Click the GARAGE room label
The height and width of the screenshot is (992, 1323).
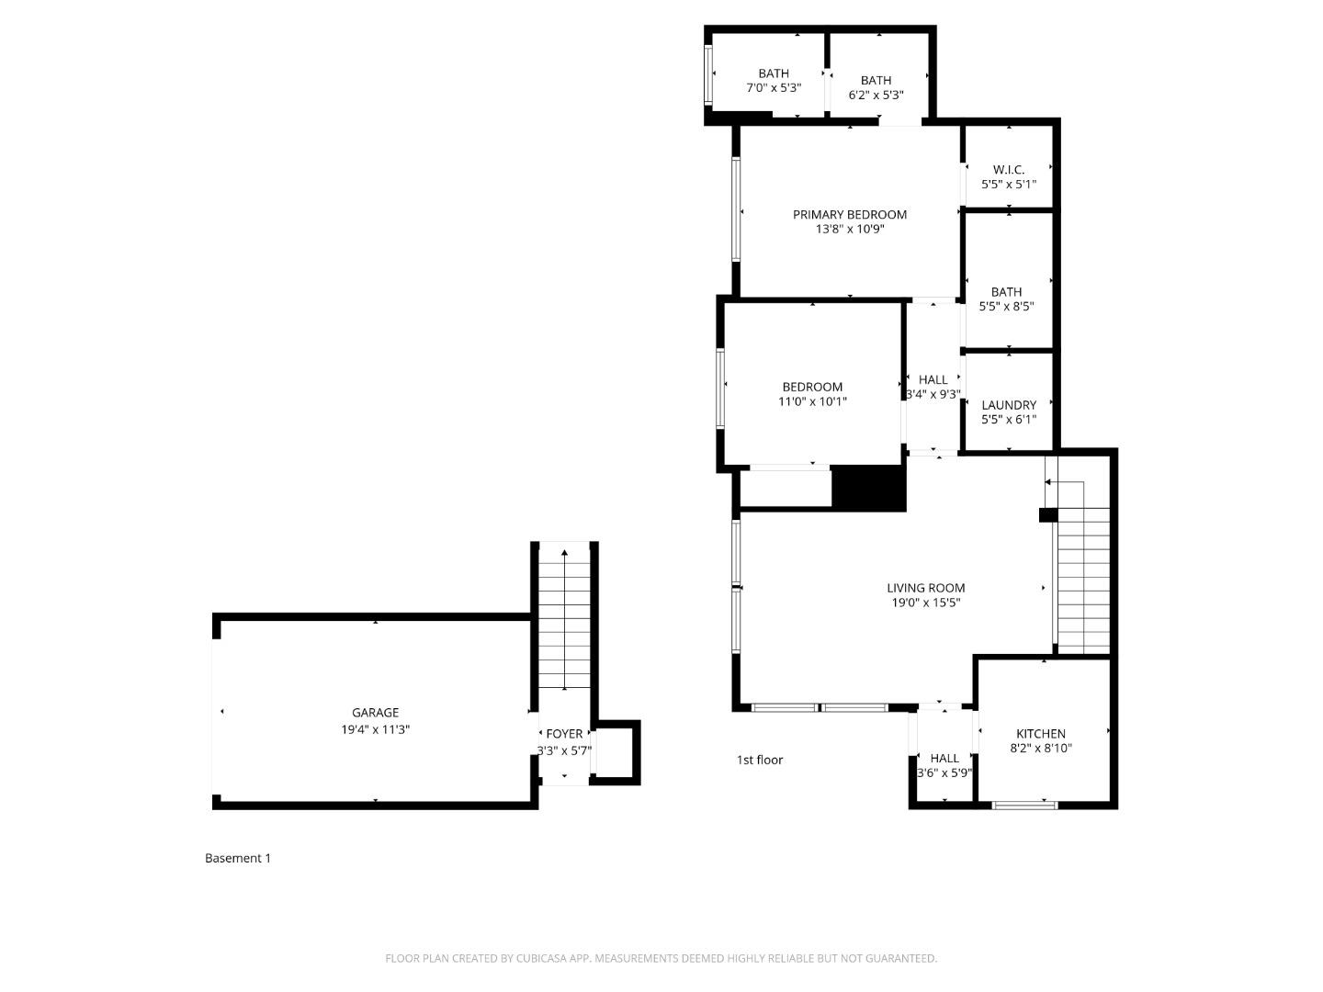click(375, 713)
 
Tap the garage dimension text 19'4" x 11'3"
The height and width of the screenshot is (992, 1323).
click(375, 729)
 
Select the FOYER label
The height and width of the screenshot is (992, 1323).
click(564, 734)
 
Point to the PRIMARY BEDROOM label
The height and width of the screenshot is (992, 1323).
click(850, 214)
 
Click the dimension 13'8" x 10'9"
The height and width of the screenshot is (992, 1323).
click(850, 230)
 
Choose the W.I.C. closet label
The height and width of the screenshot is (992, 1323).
click(1008, 169)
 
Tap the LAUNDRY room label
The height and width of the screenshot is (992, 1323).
click(1009, 405)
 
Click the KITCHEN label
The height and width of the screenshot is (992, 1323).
click(1041, 734)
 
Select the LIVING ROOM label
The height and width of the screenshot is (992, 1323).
click(925, 588)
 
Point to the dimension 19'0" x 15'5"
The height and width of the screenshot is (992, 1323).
click(925, 603)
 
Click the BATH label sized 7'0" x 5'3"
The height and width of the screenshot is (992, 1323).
click(774, 73)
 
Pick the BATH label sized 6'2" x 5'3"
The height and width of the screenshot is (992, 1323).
click(876, 80)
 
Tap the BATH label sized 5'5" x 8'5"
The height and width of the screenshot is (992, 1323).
click(1006, 292)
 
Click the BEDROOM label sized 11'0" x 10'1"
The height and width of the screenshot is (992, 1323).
click(812, 387)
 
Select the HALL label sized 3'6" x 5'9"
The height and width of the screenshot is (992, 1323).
click(944, 759)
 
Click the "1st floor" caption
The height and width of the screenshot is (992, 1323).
click(760, 760)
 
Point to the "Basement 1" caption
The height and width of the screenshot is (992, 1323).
click(238, 858)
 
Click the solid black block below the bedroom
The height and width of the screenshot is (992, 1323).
click(868, 488)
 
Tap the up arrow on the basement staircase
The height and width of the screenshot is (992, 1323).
click(564, 554)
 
